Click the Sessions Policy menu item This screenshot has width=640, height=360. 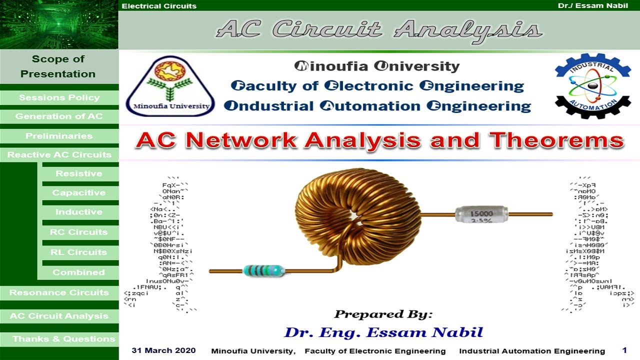[x=59, y=97]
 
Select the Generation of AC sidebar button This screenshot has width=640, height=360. [x=59, y=116]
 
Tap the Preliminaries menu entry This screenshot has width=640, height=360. [x=59, y=136]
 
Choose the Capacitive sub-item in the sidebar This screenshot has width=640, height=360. [x=79, y=193]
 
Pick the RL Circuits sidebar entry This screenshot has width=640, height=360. [x=79, y=252]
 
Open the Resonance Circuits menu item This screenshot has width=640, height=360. [x=59, y=292]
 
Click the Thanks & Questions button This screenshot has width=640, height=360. [x=63, y=339]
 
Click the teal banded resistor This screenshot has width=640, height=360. [x=263, y=271]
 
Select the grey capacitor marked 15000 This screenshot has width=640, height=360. [x=481, y=214]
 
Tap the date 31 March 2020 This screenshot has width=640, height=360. [x=163, y=350]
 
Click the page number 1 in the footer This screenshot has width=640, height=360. [x=624, y=350]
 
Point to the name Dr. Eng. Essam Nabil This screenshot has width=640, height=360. [x=383, y=332]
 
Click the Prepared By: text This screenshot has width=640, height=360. [x=383, y=314]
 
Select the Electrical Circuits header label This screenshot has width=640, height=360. [x=159, y=6]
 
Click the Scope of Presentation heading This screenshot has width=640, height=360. [x=58, y=66]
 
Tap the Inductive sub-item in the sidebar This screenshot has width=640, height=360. [x=79, y=212]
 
